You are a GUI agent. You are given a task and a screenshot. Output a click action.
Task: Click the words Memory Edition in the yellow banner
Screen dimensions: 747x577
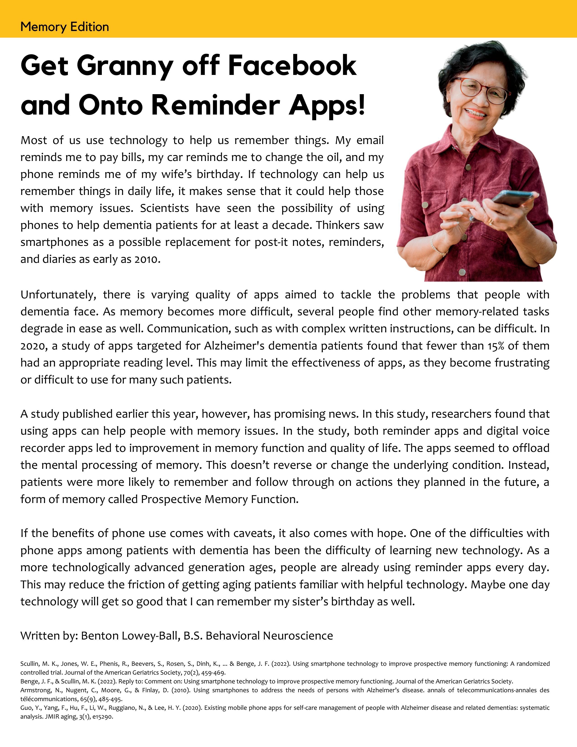point(65,27)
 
